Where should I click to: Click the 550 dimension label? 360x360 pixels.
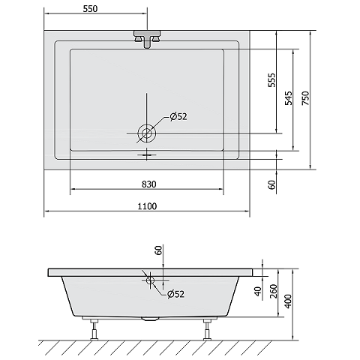[90, 9]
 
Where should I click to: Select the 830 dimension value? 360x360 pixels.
[149, 184]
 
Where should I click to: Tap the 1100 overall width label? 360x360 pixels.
[148, 206]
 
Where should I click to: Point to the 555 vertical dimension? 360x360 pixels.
[271, 80]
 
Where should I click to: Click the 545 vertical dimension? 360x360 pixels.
[288, 98]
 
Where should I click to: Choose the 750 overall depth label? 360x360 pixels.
[305, 98]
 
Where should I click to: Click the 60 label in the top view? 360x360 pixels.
[271, 184]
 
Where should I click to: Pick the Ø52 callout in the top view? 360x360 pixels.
[178, 117]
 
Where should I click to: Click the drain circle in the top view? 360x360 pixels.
[147, 133]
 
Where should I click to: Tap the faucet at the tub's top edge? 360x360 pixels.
[147, 39]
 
